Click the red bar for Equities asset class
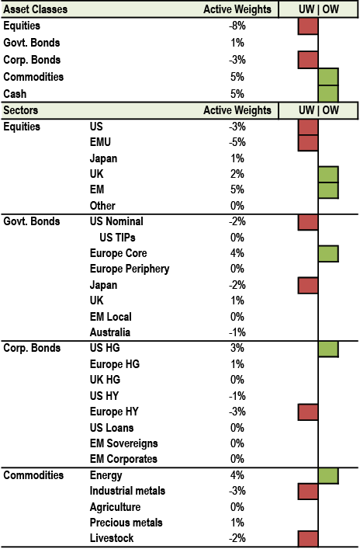click(x=308, y=26)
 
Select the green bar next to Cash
click(x=328, y=93)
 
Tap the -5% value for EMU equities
click(x=237, y=142)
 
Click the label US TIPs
click(x=118, y=238)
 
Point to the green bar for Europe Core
click(x=328, y=254)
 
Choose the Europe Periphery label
click(x=130, y=269)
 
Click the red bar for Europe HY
click(x=308, y=412)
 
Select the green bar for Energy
click(x=328, y=476)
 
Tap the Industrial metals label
click(x=127, y=491)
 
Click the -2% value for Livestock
click(x=237, y=538)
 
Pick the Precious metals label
click(x=126, y=523)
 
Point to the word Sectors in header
click(x=21, y=110)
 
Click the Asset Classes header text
click(x=36, y=9)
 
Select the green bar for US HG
click(x=328, y=349)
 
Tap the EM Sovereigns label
click(x=124, y=443)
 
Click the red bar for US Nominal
click(x=308, y=222)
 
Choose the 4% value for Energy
click(x=237, y=475)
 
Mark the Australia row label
click(x=110, y=332)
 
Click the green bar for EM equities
click(x=328, y=190)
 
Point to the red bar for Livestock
click(x=308, y=538)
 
